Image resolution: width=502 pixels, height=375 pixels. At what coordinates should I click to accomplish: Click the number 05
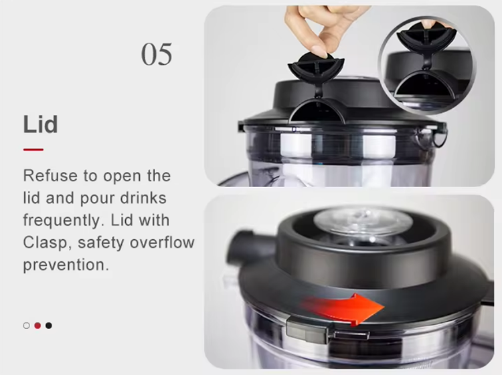(157, 54)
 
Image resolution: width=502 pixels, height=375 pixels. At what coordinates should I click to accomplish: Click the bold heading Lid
(40, 124)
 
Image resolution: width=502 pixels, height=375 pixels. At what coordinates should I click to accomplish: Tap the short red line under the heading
(33, 149)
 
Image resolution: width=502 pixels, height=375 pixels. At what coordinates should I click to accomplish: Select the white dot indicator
(27, 326)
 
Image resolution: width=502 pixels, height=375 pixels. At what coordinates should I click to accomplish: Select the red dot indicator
(37, 326)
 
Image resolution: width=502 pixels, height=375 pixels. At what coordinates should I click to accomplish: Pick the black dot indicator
(49, 326)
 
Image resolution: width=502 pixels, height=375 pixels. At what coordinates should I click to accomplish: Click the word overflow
(162, 243)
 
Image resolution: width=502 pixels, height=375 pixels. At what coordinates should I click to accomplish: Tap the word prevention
(66, 265)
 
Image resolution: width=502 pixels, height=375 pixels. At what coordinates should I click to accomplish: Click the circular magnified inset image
(427, 66)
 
